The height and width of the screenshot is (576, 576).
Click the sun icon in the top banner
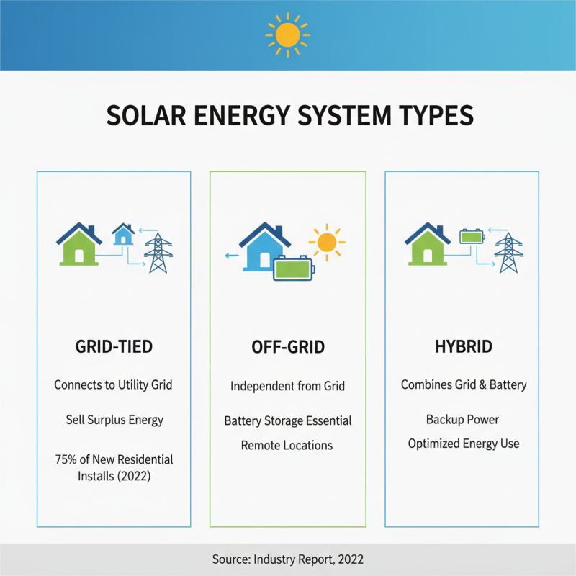287,34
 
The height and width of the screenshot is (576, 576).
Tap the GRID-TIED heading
114,346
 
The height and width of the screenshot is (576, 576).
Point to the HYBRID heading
464,346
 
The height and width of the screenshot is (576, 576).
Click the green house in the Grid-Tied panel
78,245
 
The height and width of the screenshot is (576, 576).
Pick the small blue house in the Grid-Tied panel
123,234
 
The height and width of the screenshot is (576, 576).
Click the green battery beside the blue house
293,269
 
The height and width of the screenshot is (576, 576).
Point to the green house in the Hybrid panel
428,245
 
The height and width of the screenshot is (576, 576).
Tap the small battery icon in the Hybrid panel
472,235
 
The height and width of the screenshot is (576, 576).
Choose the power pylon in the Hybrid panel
508,253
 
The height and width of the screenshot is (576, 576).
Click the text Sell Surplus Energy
114,420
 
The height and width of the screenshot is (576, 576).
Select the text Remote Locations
287,445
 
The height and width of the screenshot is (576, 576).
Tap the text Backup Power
462,419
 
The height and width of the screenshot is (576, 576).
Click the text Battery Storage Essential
287,420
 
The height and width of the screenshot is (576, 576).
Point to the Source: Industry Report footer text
287,559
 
